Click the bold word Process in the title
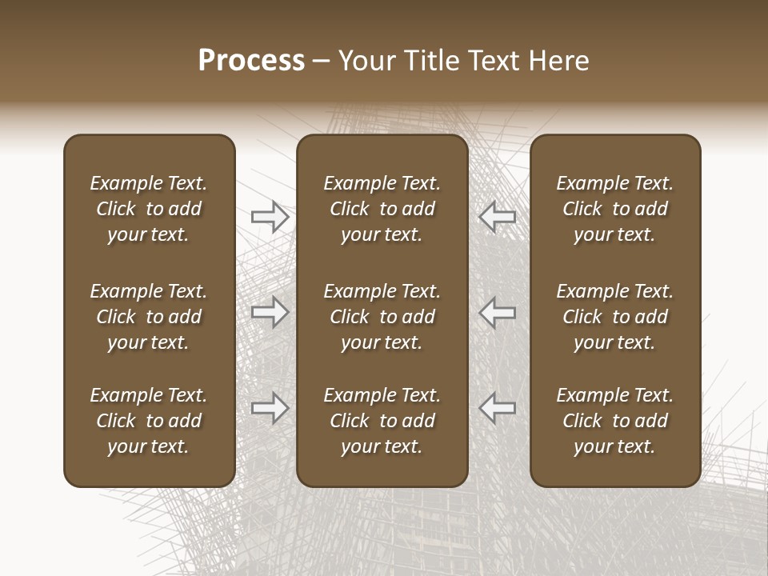(x=251, y=61)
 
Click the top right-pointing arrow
(x=270, y=216)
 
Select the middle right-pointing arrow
(x=270, y=312)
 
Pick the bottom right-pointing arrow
(x=270, y=408)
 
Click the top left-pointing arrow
(x=497, y=216)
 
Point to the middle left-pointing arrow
(x=497, y=312)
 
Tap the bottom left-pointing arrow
(x=497, y=408)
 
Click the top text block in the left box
(x=149, y=209)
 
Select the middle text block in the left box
(x=149, y=317)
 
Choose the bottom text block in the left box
(x=149, y=421)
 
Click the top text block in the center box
(x=382, y=209)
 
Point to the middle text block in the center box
(x=382, y=317)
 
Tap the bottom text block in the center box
(x=382, y=421)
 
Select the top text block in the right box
(x=614, y=209)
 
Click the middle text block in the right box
(x=614, y=317)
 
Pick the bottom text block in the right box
(x=614, y=421)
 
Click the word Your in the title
(x=366, y=61)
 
